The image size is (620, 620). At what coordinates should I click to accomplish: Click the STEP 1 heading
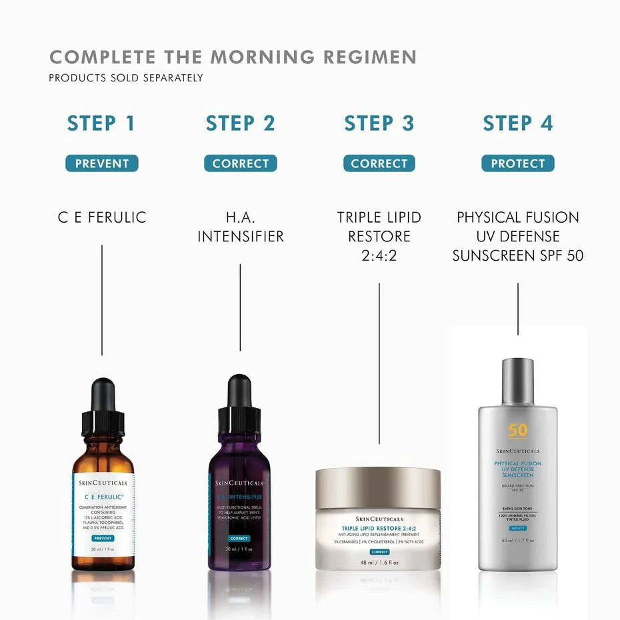(101, 123)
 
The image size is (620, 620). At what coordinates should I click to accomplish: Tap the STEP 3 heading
(379, 123)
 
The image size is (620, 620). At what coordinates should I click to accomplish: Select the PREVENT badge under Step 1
(101, 163)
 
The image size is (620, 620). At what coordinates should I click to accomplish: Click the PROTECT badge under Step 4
(517, 163)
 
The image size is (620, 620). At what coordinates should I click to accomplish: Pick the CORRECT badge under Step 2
(240, 163)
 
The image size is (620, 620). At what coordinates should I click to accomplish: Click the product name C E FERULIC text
(101, 217)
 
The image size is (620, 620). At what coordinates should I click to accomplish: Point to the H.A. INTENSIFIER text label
(240, 227)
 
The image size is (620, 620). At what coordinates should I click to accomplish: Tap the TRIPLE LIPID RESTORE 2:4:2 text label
(379, 236)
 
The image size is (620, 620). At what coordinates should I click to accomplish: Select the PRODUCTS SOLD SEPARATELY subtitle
(126, 78)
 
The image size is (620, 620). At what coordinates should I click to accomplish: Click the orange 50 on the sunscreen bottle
(518, 430)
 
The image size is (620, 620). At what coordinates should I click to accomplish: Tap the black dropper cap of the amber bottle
(103, 407)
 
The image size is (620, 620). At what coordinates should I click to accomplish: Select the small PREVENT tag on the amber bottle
(103, 538)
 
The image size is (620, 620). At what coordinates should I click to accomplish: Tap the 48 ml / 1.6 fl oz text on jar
(379, 562)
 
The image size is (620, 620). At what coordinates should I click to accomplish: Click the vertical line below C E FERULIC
(102, 300)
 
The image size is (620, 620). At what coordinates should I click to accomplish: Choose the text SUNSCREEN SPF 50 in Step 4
(517, 255)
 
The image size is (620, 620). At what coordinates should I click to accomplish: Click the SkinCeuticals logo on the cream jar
(379, 518)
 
